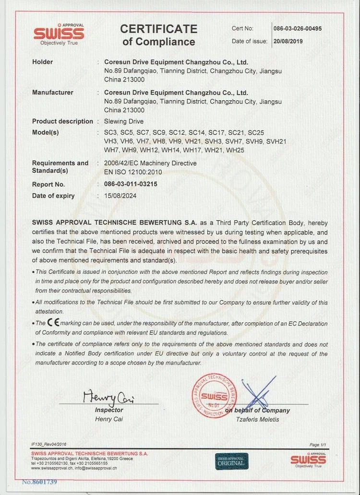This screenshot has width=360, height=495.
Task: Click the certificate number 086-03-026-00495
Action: (298, 29)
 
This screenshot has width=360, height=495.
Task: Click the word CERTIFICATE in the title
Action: (159, 29)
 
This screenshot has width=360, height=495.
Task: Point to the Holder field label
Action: (43, 62)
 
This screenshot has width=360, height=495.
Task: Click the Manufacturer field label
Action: (53, 93)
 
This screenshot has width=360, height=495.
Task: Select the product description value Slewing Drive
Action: (124, 121)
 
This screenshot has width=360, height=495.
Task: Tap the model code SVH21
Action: (276, 141)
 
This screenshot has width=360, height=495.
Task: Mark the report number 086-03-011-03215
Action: (131, 184)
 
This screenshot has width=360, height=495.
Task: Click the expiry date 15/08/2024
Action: (120, 196)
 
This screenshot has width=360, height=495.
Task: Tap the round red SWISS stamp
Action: (215, 396)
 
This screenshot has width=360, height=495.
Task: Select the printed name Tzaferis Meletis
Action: (257, 419)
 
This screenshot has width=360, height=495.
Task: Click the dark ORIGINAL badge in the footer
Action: (232, 461)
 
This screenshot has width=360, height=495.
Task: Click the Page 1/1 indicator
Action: (318, 445)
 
